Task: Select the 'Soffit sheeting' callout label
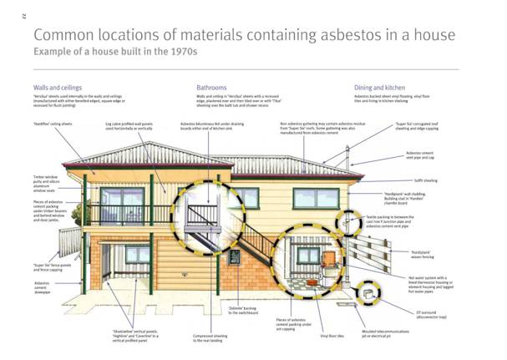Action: [x=423, y=180]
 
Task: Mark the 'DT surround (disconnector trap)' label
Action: [x=431, y=315]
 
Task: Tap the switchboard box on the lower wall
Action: [x=235, y=257]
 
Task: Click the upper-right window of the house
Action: [x=316, y=199]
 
